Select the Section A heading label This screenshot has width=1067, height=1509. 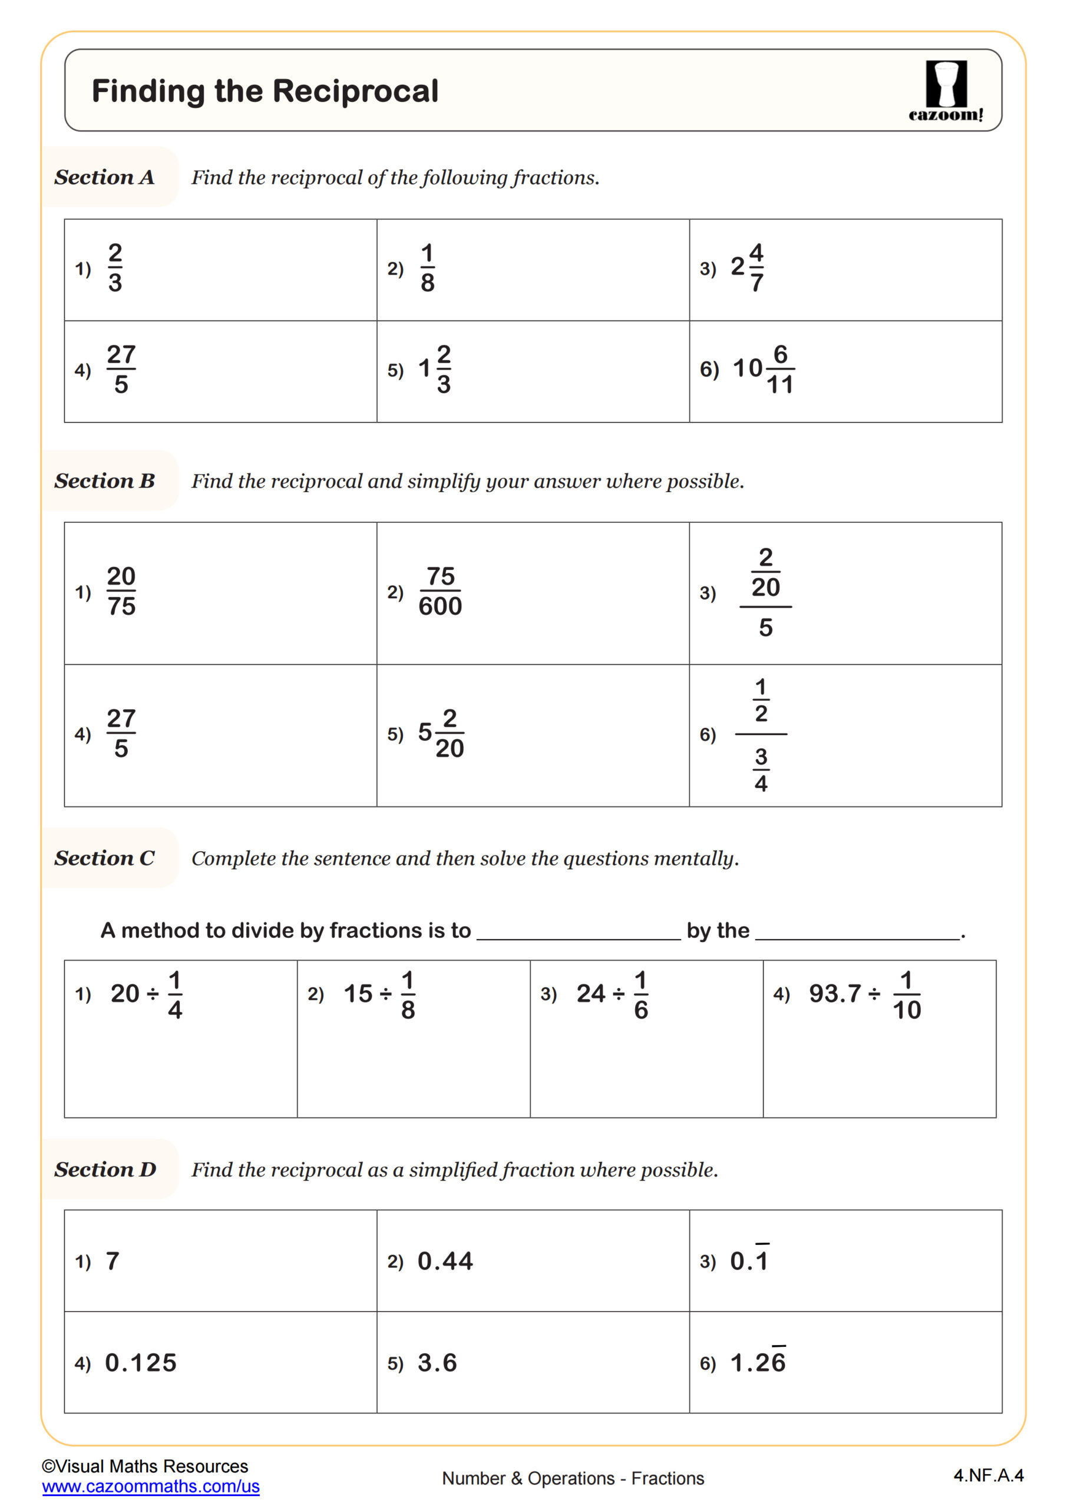coord(104,177)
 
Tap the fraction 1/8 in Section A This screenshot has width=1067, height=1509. coord(427,268)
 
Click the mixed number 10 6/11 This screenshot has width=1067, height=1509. coord(763,370)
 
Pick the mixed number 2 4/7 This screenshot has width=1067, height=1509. coord(747,268)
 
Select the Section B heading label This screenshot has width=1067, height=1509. coord(104,481)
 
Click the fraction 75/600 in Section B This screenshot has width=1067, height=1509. coord(440,591)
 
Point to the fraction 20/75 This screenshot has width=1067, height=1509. coord(121,591)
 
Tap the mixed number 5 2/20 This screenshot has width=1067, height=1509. coord(441,733)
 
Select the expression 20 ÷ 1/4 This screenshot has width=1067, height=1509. coord(146,994)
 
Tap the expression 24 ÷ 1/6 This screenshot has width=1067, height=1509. coord(612,994)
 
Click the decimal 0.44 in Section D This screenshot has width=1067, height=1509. coord(445,1261)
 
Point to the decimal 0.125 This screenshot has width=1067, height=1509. coord(141,1363)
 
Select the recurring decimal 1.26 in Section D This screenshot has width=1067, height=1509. coord(758,1363)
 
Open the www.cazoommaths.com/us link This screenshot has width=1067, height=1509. coord(150,1487)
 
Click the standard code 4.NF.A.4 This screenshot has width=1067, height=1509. coord(988,1475)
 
